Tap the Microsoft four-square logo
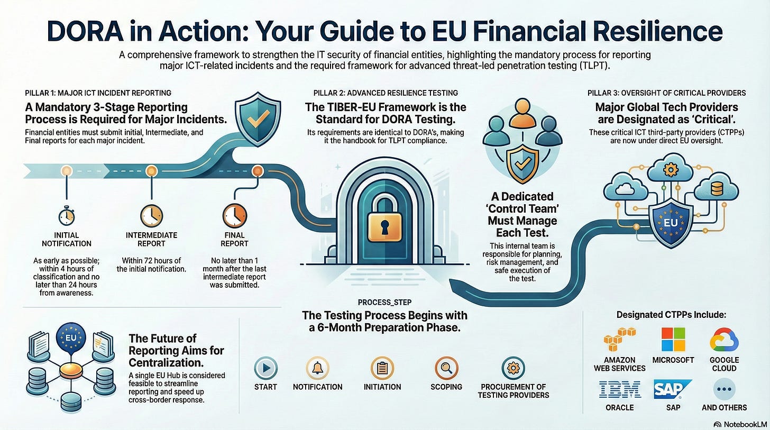click(673, 339)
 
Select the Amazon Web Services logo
click(619, 339)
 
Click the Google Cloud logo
click(724, 340)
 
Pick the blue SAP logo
click(672, 389)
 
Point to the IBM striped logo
click(619, 389)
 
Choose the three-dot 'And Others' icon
click(725, 389)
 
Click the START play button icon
click(265, 368)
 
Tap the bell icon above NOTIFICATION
click(317, 368)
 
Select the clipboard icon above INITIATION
click(382, 368)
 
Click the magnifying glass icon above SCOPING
click(446, 368)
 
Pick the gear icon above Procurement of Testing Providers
click(513, 368)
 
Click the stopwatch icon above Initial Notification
click(66, 216)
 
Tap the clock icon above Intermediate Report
click(151, 216)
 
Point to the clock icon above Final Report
click(235, 216)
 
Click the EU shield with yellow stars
click(671, 223)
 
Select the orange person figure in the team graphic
click(522, 114)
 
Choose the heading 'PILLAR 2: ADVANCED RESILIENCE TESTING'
click(386, 93)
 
